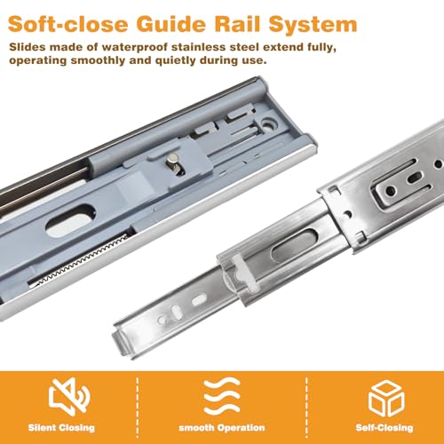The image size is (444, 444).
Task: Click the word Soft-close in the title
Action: pos(68,24)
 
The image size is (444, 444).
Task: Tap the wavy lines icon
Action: pos(222,396)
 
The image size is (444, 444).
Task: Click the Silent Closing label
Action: pos(61,428)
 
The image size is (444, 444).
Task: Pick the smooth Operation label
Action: pos(222,428)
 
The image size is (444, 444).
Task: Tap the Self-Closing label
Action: pos(385,428)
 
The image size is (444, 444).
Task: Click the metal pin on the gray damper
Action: pos(175,165)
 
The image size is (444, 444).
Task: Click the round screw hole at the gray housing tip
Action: pos(270,123)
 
